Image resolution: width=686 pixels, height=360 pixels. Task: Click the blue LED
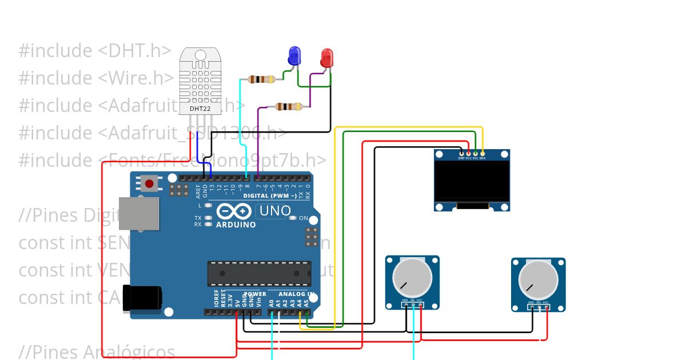(294, 56)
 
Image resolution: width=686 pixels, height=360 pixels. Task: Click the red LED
(327, 58)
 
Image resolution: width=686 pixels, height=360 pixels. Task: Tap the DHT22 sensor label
(198, 109)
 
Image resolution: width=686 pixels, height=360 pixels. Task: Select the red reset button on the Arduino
(149, 183)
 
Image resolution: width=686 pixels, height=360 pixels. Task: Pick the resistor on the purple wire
(289, 106)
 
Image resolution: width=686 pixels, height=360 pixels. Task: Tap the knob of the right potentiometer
(539, 279)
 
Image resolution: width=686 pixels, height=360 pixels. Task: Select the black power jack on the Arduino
(142, 298)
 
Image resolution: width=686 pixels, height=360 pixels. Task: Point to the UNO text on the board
(275, 211)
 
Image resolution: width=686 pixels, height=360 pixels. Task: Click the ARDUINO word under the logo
(236, 225)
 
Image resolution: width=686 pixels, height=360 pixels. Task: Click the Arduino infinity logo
(234, 211)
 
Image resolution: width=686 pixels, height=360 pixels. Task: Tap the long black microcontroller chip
(259, 273)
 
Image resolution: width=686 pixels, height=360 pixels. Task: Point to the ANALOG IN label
(297, 294)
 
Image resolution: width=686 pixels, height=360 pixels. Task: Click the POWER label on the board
(255, 294)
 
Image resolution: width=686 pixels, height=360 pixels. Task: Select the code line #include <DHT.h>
(95, 51)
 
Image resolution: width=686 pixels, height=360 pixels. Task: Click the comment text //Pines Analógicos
(97, 351)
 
